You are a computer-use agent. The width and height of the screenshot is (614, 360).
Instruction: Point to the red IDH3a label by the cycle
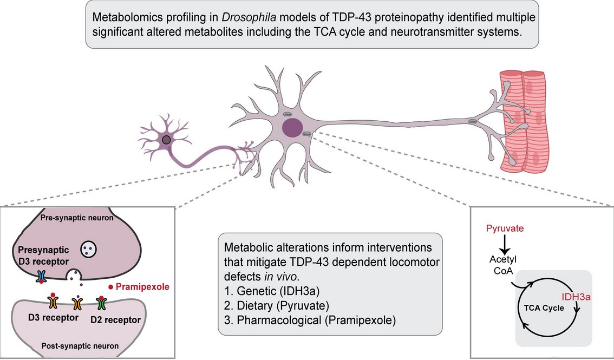(576, 297)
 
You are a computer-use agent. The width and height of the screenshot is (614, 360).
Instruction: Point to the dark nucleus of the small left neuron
(167, 140)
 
